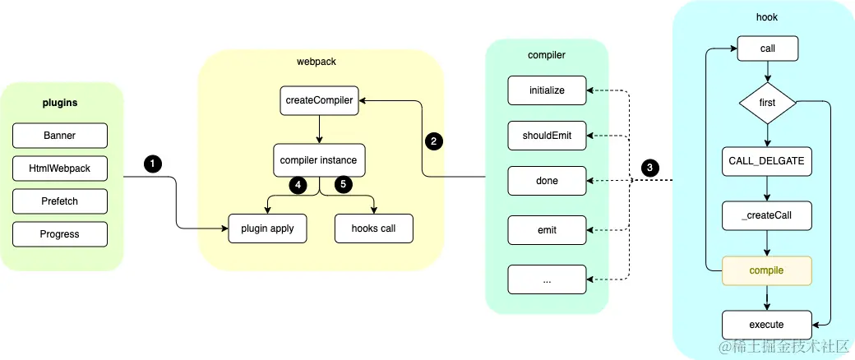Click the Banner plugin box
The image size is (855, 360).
click(x=60, y=136)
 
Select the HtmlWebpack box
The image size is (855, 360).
click(x=60, y=168)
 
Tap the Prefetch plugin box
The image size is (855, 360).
click(x=60, y=201)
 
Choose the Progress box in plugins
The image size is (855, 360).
click(x=60, y=234)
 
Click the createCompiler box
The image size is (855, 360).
click(x=319, y=100)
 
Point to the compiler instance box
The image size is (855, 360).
click(x=319, y=160)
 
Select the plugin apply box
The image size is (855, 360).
click(x=268, y=228)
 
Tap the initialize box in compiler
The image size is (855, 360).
click(x=547, y=90)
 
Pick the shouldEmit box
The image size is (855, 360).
click(x=547, y=136)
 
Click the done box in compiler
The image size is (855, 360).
click(x=547, y=181)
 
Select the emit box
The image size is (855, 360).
click(x=547, y=230)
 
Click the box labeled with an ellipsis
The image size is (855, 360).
click(x=547, y=279)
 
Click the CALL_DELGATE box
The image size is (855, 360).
click(x=768, y=161)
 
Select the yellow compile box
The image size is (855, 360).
click(x=767, y=270)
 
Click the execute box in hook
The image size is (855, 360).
click(x=767, y=325)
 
